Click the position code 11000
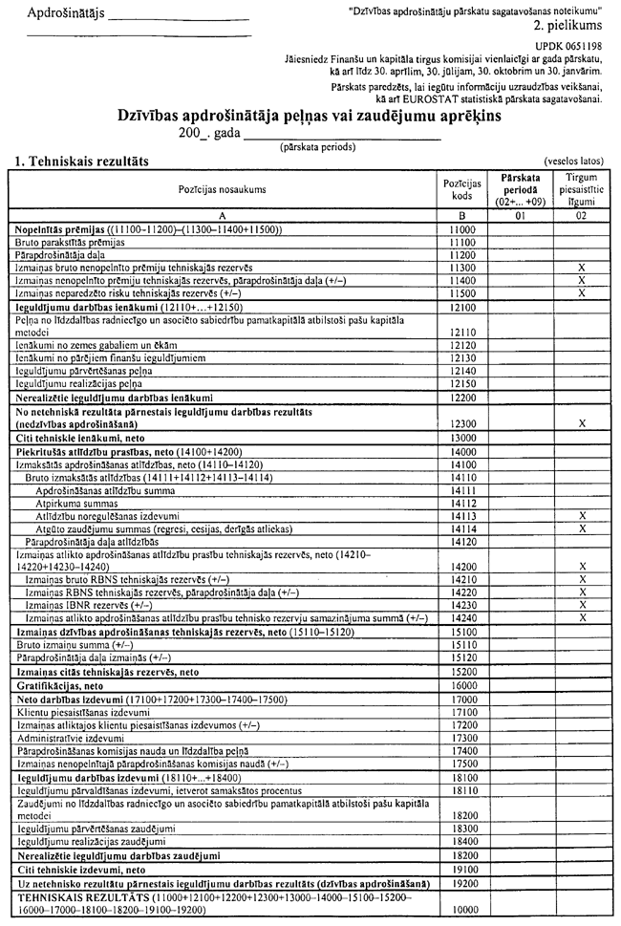(x=462, y=230)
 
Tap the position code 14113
(x=462, y=515)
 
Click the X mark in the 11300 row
(x=581, y=268)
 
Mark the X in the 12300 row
(x=581, y=421)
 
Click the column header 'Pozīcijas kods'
(x=462, y=188)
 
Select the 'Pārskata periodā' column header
(x=521, y=189)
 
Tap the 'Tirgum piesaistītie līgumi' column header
(x=581, y=189)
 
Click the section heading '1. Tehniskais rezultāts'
(x=81, y=162)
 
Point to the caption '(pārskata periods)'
(x=316, y=147)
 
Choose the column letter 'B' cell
(x=462, y=217)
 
